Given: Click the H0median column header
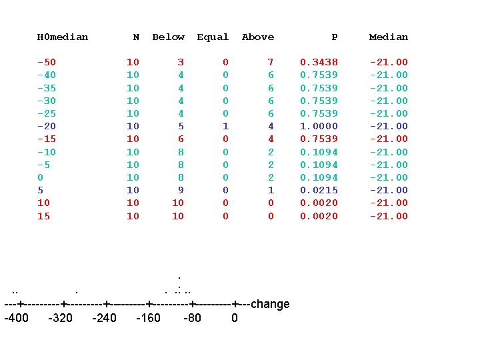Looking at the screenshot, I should [62, 37].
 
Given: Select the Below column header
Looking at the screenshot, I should [168, 37].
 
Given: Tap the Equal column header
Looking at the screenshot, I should [213, 37].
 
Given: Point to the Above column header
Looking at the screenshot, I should [258, 37].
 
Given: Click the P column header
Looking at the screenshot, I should [335, 37].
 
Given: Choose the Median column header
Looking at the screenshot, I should [389, 37].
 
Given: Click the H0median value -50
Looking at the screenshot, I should [47, 63].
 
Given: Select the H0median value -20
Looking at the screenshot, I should [47, 126].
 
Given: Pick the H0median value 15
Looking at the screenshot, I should [43, 216].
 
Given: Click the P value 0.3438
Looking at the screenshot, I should [319, 63].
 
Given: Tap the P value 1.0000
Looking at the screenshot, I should [319, 126].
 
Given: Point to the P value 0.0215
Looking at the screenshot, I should [319, 190].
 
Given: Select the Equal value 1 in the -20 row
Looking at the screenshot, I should [225, 126].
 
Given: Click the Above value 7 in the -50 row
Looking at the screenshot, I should [271, 63].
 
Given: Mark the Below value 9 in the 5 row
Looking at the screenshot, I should [181, 190].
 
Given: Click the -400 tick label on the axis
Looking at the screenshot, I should [16, 318].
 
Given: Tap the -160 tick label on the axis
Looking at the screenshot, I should [148, 318].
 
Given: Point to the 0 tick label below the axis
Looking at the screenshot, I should [235, 318].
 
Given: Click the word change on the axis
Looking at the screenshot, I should [270, 305].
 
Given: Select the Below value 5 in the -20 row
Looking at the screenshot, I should [181, 126].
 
